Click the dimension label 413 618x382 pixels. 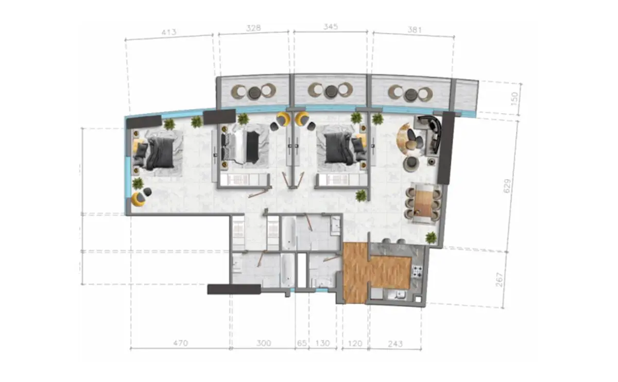pos(169,32)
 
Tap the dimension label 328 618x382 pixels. pos(253,28)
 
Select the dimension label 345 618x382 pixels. pos(331,27)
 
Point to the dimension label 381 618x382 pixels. pos(415,30)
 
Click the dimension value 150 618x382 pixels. pos(514,98)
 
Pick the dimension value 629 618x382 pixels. pos(507,186)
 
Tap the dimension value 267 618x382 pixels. pos(500,280)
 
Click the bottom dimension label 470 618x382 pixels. pos(180,343)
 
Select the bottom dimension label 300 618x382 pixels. pos(264,343)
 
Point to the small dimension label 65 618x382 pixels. pos(302,343)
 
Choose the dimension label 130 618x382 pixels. pos(322,343)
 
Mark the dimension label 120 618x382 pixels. pos(355,343)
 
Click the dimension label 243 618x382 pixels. pos(395,344)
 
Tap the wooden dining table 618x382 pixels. pos(423,203)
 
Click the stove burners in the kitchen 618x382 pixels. pos(417,271)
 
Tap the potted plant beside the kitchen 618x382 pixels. pos(431,237)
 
